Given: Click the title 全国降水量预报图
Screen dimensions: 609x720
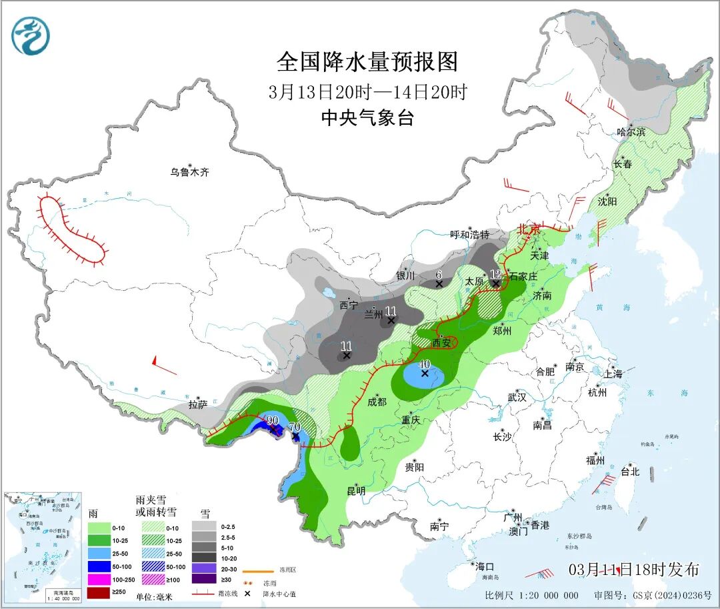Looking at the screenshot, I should point(367,62).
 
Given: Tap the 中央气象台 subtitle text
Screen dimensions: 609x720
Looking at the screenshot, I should point(367,118).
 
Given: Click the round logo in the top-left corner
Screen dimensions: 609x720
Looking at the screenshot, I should point(31,36).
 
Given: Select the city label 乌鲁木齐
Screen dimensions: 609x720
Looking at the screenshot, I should point(189,172).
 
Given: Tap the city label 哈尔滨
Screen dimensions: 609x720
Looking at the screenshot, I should point(631,132).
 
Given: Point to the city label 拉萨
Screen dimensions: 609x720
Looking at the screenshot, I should point(197,404).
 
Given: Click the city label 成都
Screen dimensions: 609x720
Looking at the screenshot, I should point(377,402).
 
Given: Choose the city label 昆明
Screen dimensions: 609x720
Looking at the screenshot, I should point(356,490).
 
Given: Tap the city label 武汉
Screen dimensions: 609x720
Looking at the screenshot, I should point(517,397).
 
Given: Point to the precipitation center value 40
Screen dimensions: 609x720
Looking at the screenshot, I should point(424,364).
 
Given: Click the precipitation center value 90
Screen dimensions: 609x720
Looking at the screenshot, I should point(272,420).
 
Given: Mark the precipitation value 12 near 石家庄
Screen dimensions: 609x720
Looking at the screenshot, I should point(495,274).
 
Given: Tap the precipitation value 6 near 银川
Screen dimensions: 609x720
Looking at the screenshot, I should point(439,274).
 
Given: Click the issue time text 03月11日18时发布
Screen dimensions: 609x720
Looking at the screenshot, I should point(634,570).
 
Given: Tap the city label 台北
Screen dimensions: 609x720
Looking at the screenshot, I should point(629,472).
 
